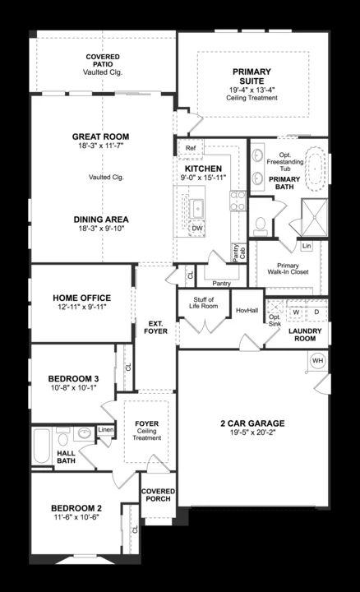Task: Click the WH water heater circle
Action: pyautogui.click(x=318, y=361)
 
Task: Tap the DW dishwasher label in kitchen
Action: pyautogui.click(x=197, y=229)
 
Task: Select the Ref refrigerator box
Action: pyautogui.click(x=191, y=148)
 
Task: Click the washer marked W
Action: pyautogui.click(x=296, y=312)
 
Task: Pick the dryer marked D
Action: pyautogui.click(x=316, y=312)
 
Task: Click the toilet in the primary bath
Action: pyautogui.click(x=260, y=224)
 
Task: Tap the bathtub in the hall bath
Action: pyautogui.click(x=42, y=446)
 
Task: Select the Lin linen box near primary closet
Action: pyautogui.click(x=307, y=246)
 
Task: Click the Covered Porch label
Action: pyautogui.click(x=158, y=495)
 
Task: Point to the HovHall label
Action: pyautogui.click(x=247, y=310)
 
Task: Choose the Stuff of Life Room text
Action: pyautogui.click(x=203, y=303)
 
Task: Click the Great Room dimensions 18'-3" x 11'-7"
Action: pyautogui.click(x=101, y=146)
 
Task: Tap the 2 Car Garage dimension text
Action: pyautogui.click(x=252, y=432)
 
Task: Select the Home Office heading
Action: pyautogui.click(x=82, y=298)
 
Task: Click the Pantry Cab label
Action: pyautogui.click(x=239, y=252)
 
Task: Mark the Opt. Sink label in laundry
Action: pyautogui.click(x=275, y=321)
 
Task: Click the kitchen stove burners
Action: pyautogui.click(x=238, y=201)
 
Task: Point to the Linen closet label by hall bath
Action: pyautogui.click(x=106, y=430)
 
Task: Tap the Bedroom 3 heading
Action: pyautogui.click(x=74, y=378)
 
